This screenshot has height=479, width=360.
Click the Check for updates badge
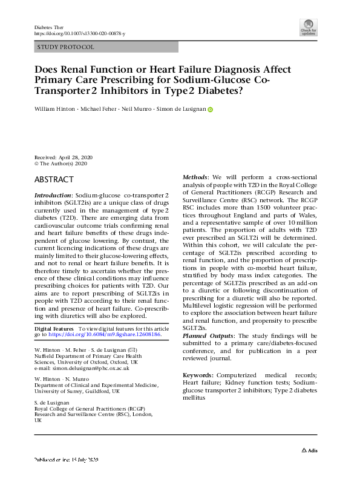(308, 27)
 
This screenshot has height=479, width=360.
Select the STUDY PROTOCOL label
(65, 47)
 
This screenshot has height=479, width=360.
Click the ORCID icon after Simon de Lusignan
(211, 110)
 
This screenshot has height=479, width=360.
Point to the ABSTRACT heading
(54, 180)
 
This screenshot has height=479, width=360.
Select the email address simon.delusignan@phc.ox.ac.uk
(83, 368)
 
